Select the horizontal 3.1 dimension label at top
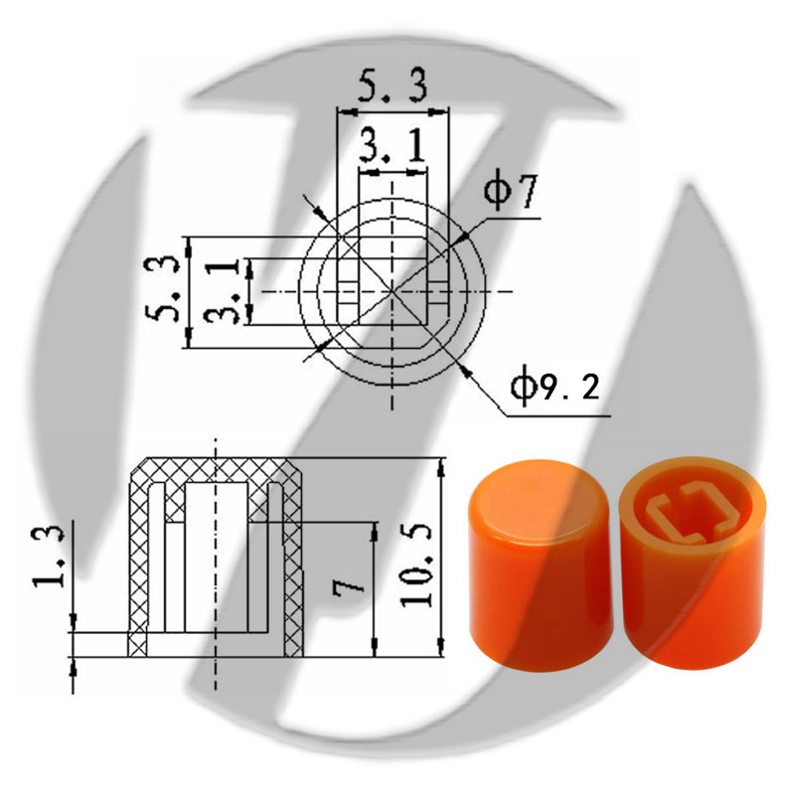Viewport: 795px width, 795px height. coord(393,145)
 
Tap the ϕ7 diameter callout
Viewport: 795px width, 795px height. coord(510,192)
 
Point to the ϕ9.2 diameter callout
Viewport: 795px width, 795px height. coord(555,388)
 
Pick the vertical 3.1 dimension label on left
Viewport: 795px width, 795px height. coord(222,291)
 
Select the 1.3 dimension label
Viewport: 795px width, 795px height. coord(49,556)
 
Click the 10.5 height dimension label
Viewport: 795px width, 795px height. coord(415,565)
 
